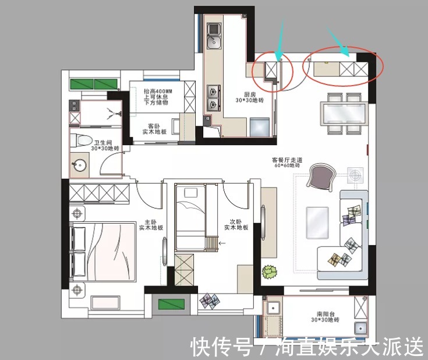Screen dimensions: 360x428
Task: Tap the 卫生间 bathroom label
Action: pos(103,142)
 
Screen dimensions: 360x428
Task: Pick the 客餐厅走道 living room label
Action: pos(285,159)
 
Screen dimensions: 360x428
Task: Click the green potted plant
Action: pos(269,271)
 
